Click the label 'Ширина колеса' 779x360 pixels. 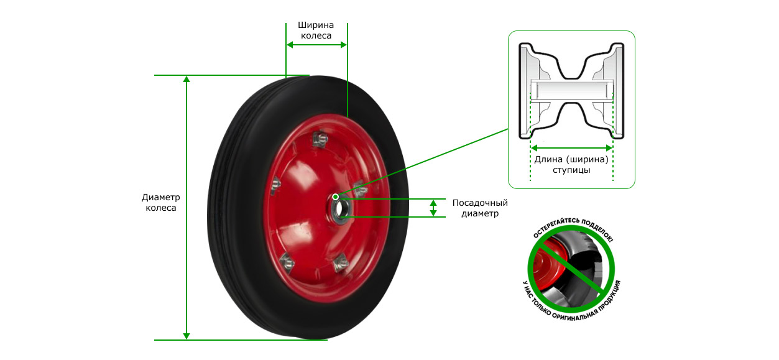[x=316, y=30]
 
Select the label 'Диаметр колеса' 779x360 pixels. [x=160, y=203]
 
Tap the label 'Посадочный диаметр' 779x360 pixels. [x=480, y=208]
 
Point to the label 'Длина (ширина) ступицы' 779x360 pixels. [x=571, y=165]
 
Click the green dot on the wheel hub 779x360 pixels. [x=335, y=197]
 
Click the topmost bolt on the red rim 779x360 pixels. [x=320, y=139]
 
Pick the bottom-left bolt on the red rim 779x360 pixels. [x=287, y=262]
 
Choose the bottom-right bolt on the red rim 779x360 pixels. [x=341, y=263]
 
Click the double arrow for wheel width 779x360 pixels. [x=316, y=45]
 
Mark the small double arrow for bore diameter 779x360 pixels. [x=433, y=208]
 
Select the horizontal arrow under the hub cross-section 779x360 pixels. [x=572, y=148]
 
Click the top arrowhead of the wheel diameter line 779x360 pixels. [x=187, y=79]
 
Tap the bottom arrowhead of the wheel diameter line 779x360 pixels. [x=187, y=336]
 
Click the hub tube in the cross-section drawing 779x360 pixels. [x=572, y=90]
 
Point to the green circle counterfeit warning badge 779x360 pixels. [x=572, y=269]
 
